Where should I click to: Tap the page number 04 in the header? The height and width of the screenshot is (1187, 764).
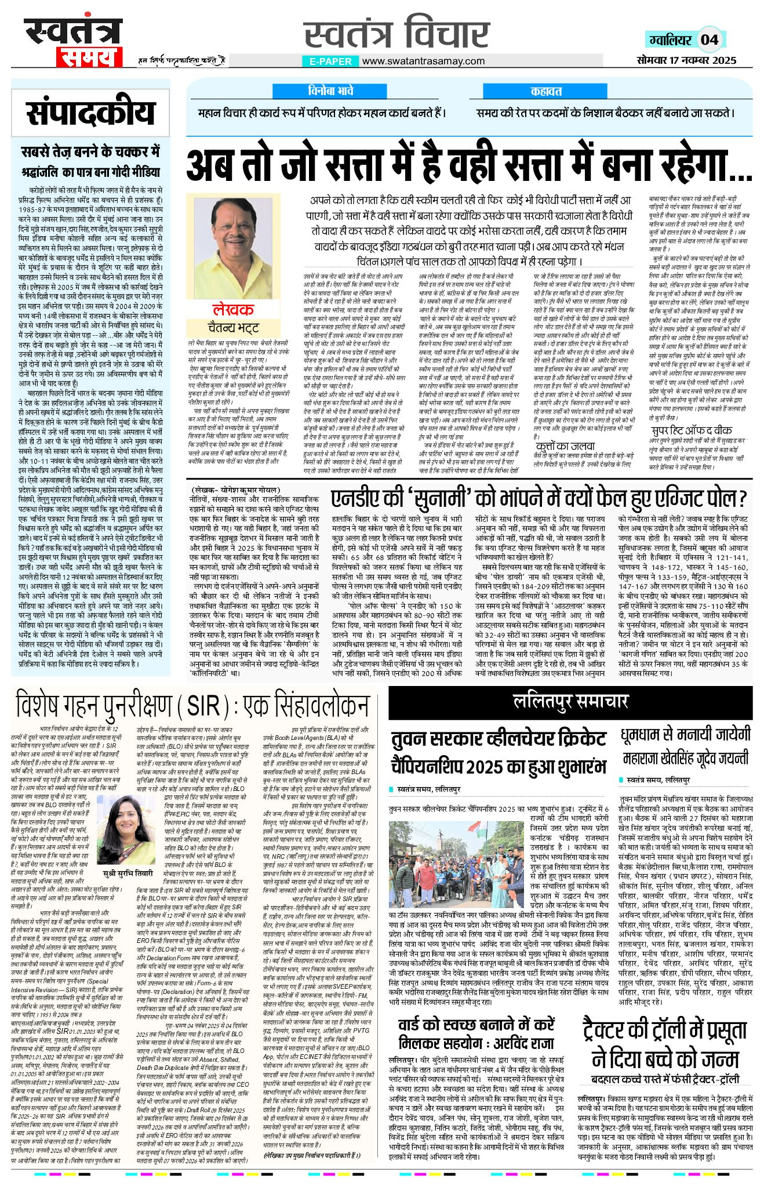pyautogui.click(x=710, y=39)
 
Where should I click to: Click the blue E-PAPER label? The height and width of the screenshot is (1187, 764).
pyautogui.click(x=330, y=61)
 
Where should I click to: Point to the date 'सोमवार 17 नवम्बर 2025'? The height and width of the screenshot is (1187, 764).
pyautogui.click(x=686, y=60)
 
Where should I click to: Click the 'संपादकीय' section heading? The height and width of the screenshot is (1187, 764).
pyautogui.click(x=90, y=112)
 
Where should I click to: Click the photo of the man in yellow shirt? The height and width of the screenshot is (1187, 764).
pyautogui.click(x=234, y=246)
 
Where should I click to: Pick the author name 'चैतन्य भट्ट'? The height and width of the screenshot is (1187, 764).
pyautogui.click(x=233, y=328)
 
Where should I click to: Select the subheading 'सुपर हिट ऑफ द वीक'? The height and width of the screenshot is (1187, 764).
pyautogui.click(x=692, y=430)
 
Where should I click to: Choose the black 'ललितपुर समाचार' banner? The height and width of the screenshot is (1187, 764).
pyautogui.click(x=570, y=701)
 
